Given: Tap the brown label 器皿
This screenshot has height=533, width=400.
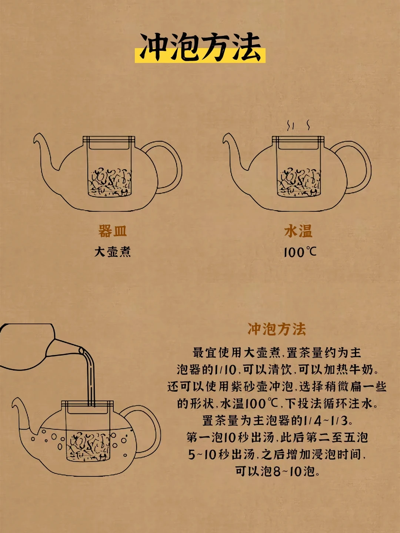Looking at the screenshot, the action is click(x=113, y=231).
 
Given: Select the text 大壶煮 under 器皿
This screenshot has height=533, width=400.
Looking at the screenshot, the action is click(x=113, y=252).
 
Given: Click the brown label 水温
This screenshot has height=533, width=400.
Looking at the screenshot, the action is click(x=298, y=231).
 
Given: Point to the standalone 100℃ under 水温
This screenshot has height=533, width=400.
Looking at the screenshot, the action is click(x=300, y=252).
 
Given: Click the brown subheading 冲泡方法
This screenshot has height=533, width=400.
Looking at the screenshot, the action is click(x=277, y=329).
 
